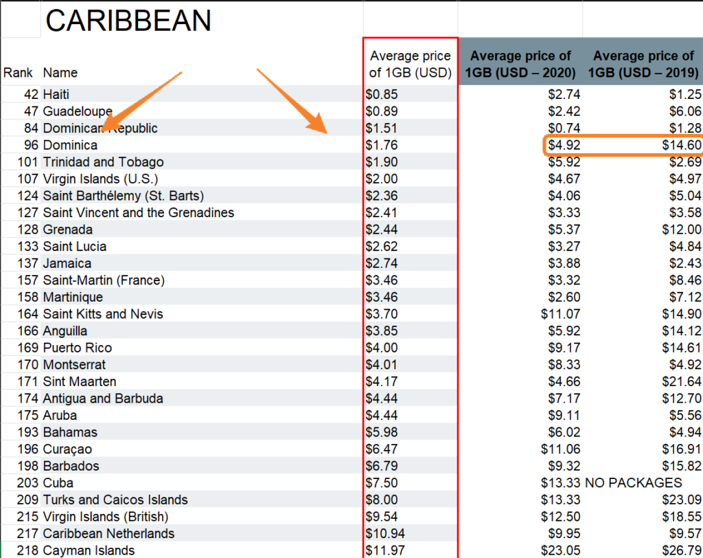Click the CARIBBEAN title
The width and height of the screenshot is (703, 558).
128,21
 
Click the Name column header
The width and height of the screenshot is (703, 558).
60,73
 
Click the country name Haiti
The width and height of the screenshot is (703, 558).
56,95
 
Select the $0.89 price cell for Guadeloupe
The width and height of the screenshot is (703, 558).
382,111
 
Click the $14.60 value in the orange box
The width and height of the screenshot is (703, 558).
682,145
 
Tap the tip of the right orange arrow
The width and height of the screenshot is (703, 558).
325,131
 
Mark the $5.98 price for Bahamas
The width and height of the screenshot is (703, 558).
382,432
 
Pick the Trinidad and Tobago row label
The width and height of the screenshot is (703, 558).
103,162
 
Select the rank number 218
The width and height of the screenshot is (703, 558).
28,550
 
